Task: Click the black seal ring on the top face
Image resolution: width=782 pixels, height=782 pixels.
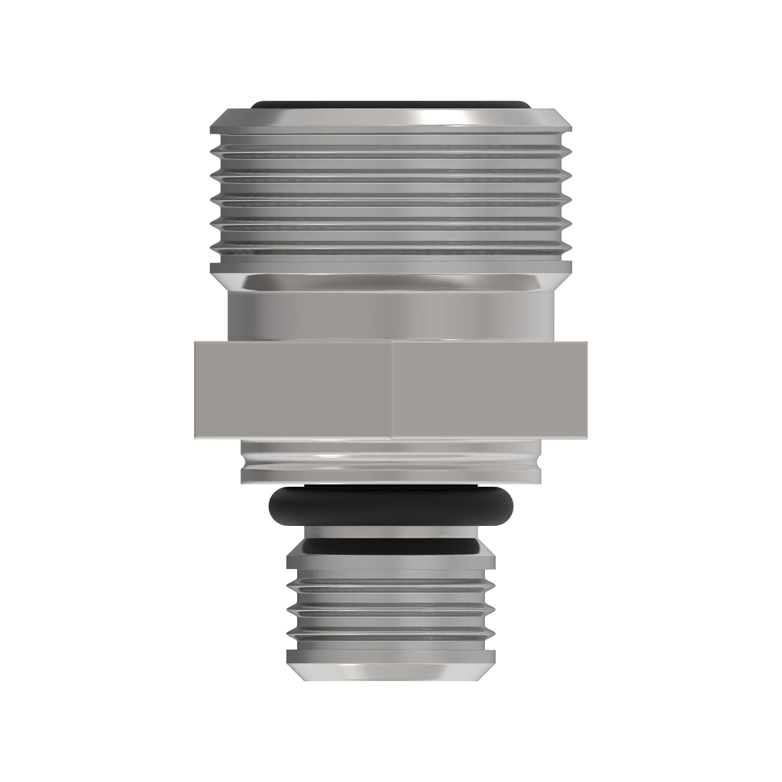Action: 391,104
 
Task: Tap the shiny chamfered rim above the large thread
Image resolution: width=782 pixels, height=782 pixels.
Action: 391,119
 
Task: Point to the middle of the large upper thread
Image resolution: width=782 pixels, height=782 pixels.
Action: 391,195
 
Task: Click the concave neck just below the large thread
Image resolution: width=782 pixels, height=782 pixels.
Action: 391,283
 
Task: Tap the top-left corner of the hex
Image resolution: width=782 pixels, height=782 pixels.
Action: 194,341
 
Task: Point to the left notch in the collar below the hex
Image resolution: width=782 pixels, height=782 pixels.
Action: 244,461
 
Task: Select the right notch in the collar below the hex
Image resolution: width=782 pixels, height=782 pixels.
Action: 538,461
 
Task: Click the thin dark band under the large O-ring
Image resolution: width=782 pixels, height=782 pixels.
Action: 391,542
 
